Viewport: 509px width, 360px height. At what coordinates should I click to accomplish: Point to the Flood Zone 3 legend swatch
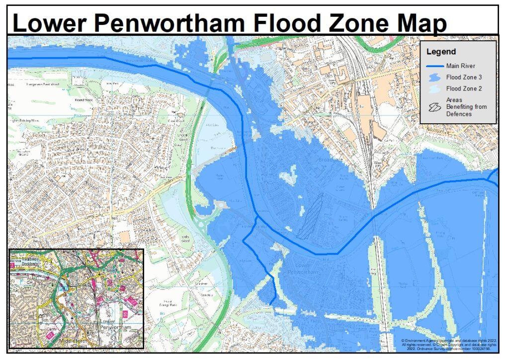(435, 77)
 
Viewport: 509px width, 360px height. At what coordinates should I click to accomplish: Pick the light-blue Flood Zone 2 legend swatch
(435, 89)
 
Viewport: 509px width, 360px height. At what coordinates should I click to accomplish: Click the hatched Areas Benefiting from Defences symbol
(435, 106)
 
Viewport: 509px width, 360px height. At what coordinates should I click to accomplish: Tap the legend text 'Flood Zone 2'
(464, 89)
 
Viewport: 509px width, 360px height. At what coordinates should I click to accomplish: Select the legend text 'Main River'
(461, 66)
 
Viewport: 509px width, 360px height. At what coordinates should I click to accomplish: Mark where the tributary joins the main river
(256, 217)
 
